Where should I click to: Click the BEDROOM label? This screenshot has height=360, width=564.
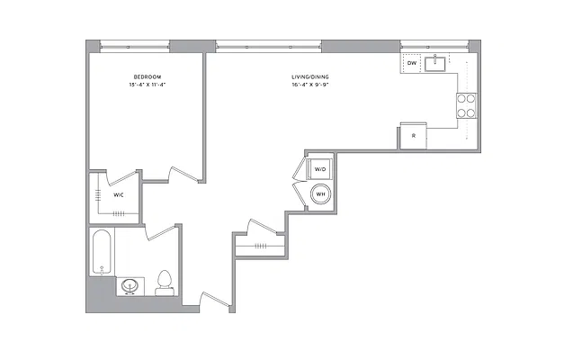coord(148,76)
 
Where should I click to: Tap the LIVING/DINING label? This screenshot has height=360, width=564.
coord(310,76)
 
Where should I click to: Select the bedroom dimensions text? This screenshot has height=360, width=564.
coord(148,85)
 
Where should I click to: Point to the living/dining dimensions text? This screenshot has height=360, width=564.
coord(310,85)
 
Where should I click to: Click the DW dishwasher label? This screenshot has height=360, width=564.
coord(412,63)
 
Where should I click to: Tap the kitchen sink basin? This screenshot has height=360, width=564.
coord(434,64)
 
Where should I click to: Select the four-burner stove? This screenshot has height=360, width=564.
coord(467,106)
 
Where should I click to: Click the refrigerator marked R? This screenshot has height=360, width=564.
coord(414,136)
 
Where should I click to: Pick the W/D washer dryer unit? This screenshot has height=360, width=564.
coord(319,169)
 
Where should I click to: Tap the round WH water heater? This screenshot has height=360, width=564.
coord(320,194)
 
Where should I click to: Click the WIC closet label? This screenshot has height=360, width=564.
coord(119,195)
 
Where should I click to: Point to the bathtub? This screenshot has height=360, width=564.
coord(102,252)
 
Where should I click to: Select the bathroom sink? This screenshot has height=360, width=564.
coord(130,286)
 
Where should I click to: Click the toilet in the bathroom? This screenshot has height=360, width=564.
coord(165,283)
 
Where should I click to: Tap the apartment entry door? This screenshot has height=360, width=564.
coord(215,299)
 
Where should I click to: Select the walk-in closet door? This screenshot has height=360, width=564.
coord(121,177)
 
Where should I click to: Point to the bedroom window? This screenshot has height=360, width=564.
coord(135,46)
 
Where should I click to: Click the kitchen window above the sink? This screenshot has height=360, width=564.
coord(434,46)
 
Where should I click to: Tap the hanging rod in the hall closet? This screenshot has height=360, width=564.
coord(260,247)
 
